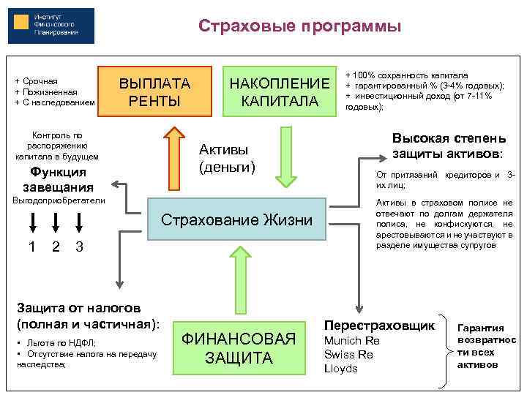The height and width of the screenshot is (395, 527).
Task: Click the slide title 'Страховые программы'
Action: point(299,27)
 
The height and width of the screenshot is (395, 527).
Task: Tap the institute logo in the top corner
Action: point(51,27)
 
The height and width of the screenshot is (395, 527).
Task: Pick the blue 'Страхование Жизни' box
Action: point(236,219)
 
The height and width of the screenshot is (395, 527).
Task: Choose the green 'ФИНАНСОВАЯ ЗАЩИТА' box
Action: point(239,348)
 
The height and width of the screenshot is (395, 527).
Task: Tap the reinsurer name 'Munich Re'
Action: point(352,340)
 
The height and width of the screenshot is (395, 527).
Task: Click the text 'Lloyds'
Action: point(340,369)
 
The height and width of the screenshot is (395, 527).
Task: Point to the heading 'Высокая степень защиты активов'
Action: point(447,146)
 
